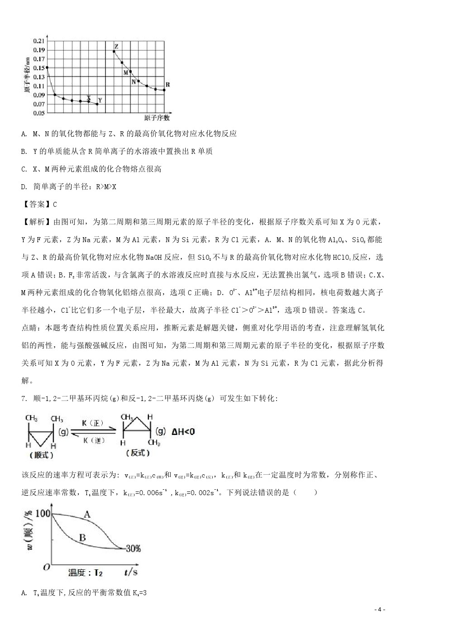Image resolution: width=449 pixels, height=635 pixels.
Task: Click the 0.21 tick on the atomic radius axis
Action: pos(39,41)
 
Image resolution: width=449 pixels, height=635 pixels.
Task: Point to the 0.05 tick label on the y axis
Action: pos(39,113)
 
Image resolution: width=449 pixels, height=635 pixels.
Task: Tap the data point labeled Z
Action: pos(114,51)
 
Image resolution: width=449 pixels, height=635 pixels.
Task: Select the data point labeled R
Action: pos(164,90)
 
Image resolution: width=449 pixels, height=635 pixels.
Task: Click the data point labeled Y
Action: pos(97,104)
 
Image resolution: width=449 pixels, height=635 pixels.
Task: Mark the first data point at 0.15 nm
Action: pos(47,67)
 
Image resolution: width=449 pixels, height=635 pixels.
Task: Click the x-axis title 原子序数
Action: pos(157,118)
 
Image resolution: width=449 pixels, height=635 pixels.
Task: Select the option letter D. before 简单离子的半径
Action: pos(24,186)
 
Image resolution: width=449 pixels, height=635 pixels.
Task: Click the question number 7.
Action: pos(24,398)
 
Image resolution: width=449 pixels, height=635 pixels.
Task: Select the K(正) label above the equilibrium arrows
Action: pos(92,423)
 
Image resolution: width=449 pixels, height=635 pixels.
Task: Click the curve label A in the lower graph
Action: pos(87,514)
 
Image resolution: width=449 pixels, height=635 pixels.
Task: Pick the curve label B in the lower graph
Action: pos(82,537)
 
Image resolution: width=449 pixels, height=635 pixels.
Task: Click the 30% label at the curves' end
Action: pos(133,549)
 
